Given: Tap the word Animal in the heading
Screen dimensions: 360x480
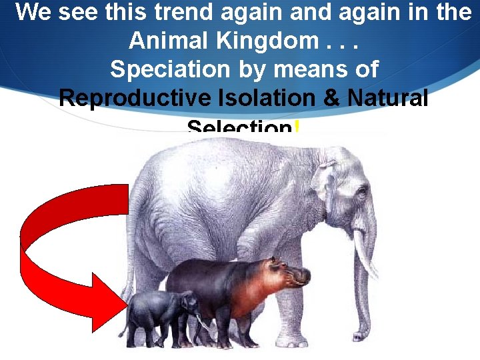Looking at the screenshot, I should (x=162, y=41).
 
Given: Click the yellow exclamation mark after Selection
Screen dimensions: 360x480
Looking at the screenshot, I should (x=295, y=127).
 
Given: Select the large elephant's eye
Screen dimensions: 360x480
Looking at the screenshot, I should (x=360, y=194).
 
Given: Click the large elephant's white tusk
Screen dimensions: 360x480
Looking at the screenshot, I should (x=363, y=253).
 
